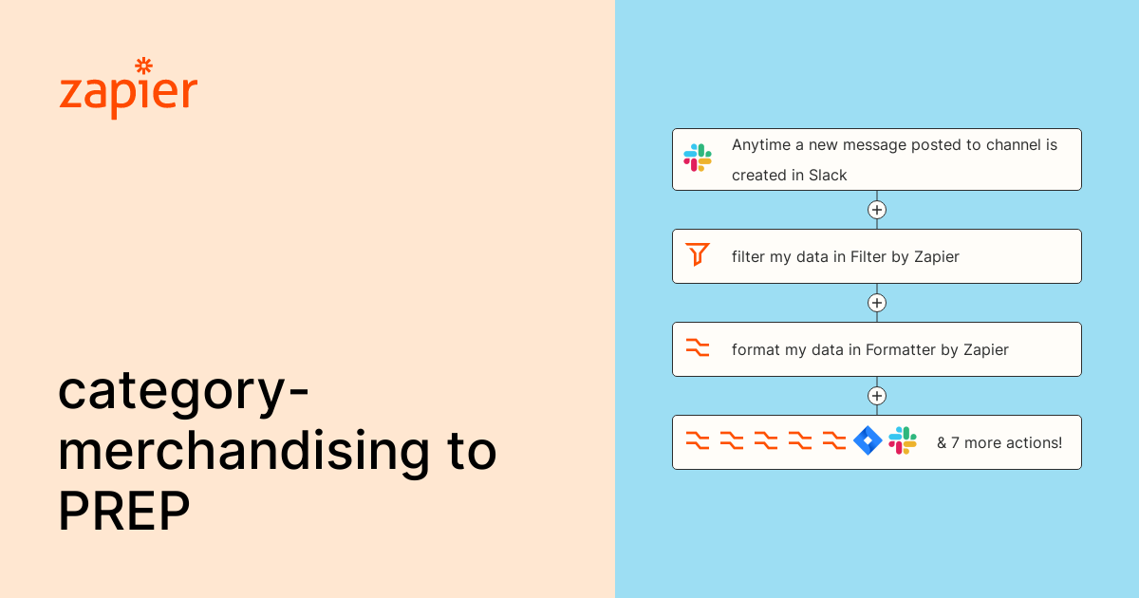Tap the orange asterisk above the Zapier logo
coord(144,65)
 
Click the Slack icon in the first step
coord(698,158)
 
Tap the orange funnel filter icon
coord(698,254)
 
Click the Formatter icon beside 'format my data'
coord(698,348)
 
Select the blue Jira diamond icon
coord(868,441)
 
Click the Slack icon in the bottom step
coord(903,441)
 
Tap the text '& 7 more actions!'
coord(999,442)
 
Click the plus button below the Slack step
coord(877,210)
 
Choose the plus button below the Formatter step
coord(877,396)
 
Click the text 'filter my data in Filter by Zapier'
coord(845,256)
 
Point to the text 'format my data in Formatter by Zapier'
coord(869,350)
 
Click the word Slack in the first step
coord(828,175)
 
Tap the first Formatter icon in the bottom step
coord(698,441)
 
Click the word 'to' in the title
coord(470,451)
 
